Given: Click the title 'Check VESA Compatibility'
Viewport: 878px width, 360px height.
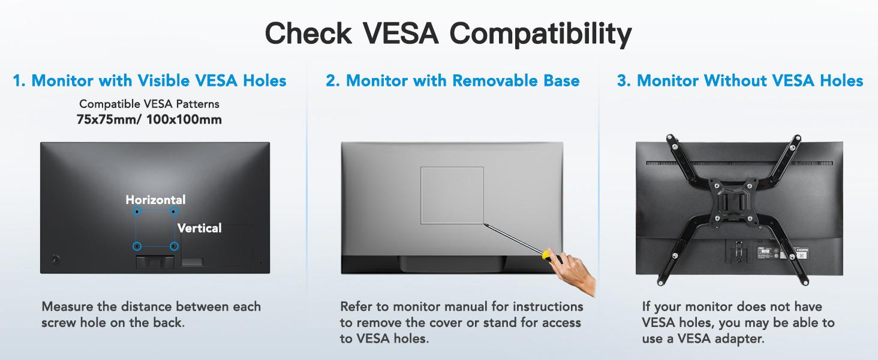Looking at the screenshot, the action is coord(448,34).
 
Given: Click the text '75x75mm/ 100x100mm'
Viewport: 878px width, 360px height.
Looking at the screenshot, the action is coord(149,119).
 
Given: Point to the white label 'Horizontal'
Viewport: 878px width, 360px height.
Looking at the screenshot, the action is coord(155,200).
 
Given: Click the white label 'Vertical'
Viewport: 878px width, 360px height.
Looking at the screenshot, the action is coord(200,228).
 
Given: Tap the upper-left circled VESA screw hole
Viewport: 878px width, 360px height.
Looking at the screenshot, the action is coord(137,212).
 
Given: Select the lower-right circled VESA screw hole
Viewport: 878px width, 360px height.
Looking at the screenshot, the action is coord(174,246).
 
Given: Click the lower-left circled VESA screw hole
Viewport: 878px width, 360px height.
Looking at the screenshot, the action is coord(137,246).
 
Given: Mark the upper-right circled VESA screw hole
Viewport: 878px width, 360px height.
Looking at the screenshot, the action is coord(174,212).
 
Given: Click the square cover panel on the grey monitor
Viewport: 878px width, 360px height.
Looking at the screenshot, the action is coord(452,195).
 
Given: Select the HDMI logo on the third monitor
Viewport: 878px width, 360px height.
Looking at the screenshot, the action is coord(802,250).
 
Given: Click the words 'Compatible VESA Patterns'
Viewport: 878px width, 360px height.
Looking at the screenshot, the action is coord(149,104).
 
